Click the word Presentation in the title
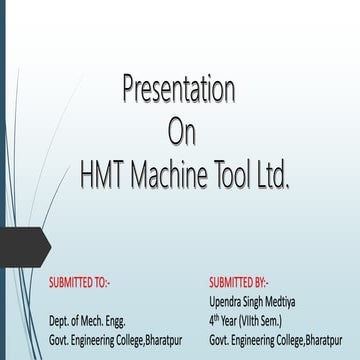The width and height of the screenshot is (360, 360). coord(179,91)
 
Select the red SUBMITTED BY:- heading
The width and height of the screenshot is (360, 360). coord(239,283)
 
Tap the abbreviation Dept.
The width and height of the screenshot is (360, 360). coord(60,321)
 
